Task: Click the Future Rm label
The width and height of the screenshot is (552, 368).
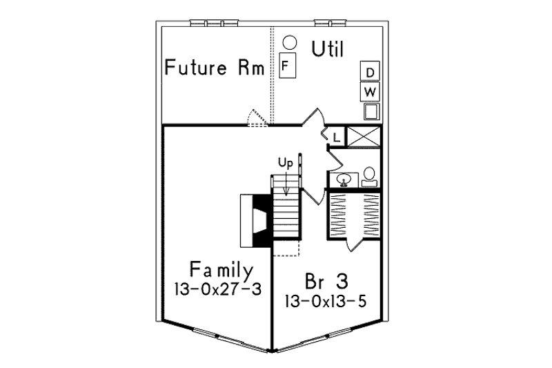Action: (215, 67)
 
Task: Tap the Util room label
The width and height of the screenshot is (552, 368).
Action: (328, 49)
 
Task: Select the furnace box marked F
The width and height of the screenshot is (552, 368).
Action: (287, 65)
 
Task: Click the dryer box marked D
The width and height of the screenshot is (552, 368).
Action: (370, 72)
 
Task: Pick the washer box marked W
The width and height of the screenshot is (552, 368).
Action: (370, 92)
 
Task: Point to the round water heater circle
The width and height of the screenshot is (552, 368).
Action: (290, 42)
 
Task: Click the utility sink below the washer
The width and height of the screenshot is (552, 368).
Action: (372, 111)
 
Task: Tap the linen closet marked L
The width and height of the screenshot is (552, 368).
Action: (337, 137)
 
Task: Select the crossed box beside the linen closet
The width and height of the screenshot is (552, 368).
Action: (364, 137)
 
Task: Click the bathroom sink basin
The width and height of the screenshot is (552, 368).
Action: (344, 180)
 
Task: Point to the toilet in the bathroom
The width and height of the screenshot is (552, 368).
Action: (369, 177)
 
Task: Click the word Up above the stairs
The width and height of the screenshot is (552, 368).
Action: (285, 163)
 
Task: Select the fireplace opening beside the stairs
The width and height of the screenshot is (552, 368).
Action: (261, 220)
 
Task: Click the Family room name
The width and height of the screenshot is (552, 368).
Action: (221, 270)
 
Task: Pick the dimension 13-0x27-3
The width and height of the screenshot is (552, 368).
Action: (218, 289)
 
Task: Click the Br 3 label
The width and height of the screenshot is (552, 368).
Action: (326, 281)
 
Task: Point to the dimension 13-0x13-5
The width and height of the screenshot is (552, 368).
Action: (326, 301)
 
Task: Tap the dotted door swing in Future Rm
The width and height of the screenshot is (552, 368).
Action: (257, 117)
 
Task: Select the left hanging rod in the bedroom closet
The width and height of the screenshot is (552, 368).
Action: (338, 215)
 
